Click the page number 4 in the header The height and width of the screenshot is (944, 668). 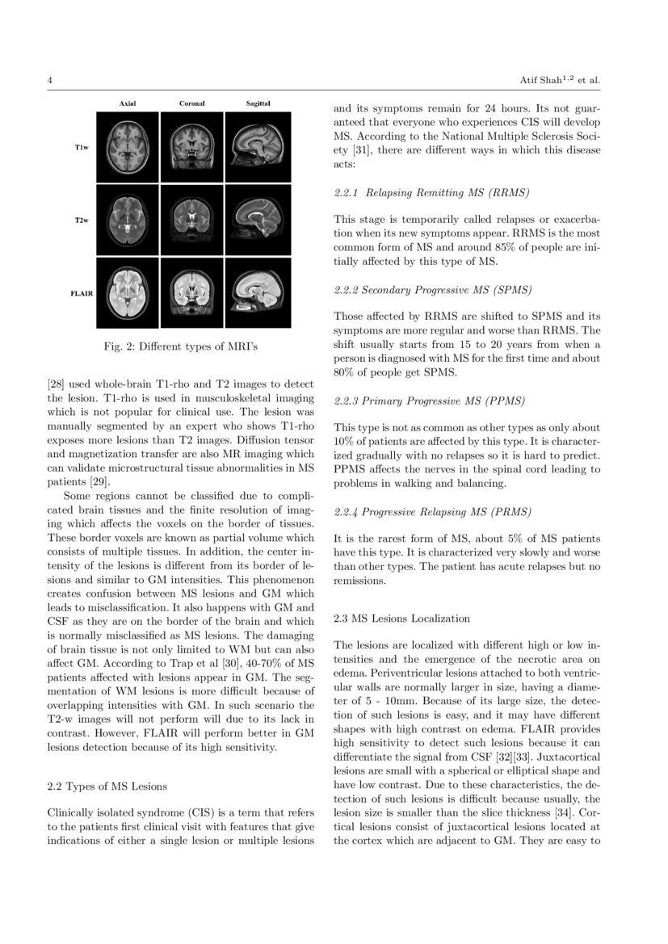click(x=50, y=81)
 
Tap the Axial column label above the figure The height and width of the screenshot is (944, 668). click(x=128, y=104)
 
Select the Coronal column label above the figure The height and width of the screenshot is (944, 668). click(x=191, y=104)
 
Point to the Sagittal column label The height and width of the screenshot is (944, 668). click(x=258, y=104)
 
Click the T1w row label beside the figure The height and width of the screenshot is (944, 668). click(x=81, y=149)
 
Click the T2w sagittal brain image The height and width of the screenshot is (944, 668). click(x=258, y=220)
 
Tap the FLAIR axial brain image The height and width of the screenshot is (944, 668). click(x=128, y=292)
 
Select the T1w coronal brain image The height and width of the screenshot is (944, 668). click(x=191, y=147)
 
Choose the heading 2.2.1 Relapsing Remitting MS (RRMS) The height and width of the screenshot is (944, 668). click(x=431, y=194)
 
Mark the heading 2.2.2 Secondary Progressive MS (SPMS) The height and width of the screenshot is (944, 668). click(x=433, y=289)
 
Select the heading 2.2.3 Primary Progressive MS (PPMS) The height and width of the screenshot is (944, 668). click(x=430, y=400)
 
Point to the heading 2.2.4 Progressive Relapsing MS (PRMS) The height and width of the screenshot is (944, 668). click(x=431, y=511)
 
